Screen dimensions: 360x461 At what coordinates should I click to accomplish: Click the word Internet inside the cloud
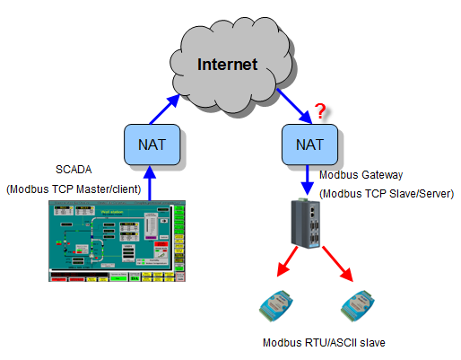pyautogui.click(x=227, y=65)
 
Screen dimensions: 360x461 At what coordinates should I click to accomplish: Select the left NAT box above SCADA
pyautogui.click(x=152, y=145)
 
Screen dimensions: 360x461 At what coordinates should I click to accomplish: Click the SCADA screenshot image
pyautogui.click(x=116, y=241)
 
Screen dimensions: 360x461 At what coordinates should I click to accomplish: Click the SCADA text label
pyautogui.click(x=74, y=170)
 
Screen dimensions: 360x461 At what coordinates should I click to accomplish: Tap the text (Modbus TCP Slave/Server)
pyautogui.click(x=387, y=193)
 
